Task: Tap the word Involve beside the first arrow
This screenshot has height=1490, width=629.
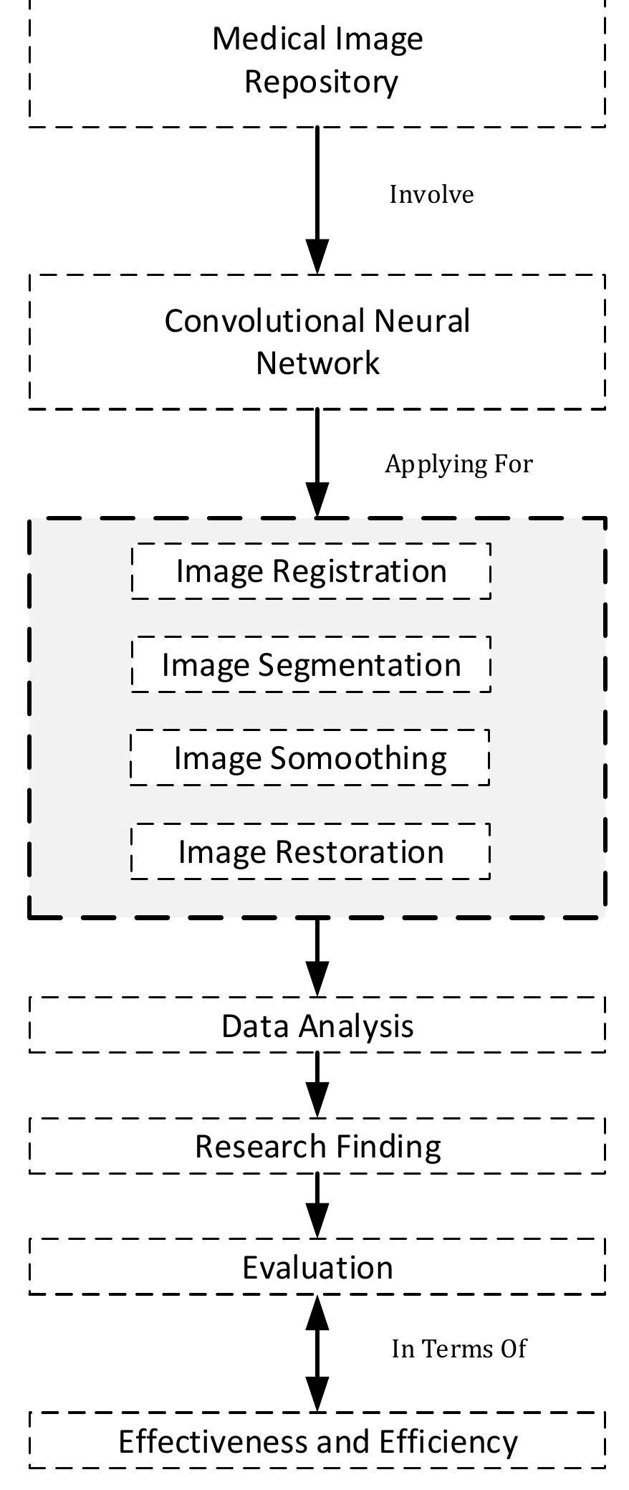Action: (x=431, y=195)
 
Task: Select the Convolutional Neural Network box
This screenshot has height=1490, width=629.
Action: (x=317, y=341)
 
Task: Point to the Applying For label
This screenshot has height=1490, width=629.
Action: (x=458, y=464)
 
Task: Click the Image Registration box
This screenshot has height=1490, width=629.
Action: (x=311, y=571)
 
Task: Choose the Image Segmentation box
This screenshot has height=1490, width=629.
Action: (x=311, y=664)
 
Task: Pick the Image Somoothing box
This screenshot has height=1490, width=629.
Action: (x=310, y=758)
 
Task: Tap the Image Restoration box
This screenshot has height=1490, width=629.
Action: (x=311, y=851)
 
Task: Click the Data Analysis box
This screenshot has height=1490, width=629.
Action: (x=317, y=1025)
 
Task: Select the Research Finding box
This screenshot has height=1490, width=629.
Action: (x=317, y=1145)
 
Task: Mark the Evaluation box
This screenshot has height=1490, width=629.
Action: (x=317, y=1266)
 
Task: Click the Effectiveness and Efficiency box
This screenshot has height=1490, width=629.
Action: (x=317, y=1441)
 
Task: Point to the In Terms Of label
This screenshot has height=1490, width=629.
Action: (x=458, y=1349)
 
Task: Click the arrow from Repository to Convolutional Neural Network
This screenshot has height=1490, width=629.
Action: (x=317, y=201)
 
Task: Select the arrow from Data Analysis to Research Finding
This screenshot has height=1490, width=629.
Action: (x=317, y=1084)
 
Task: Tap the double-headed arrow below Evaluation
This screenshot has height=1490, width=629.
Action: (x=317, y=1353)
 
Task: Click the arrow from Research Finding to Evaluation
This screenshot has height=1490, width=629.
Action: (x=317, y=1205)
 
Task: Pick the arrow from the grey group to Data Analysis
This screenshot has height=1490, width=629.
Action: (x=317, y=957)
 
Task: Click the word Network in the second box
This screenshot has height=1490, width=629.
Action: (x=317, y=363)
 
